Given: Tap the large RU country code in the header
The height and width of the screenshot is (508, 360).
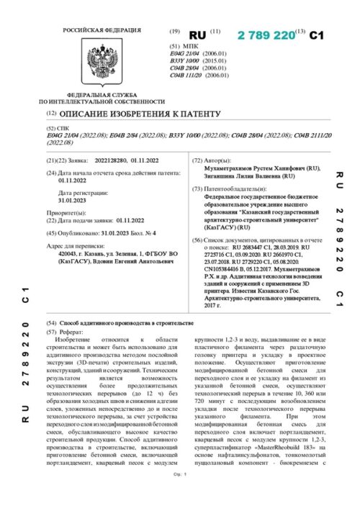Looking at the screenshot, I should point(197,35).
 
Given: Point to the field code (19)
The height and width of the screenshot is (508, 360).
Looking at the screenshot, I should point(174,32).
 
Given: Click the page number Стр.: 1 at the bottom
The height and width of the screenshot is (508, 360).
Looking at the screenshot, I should point(180,495).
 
